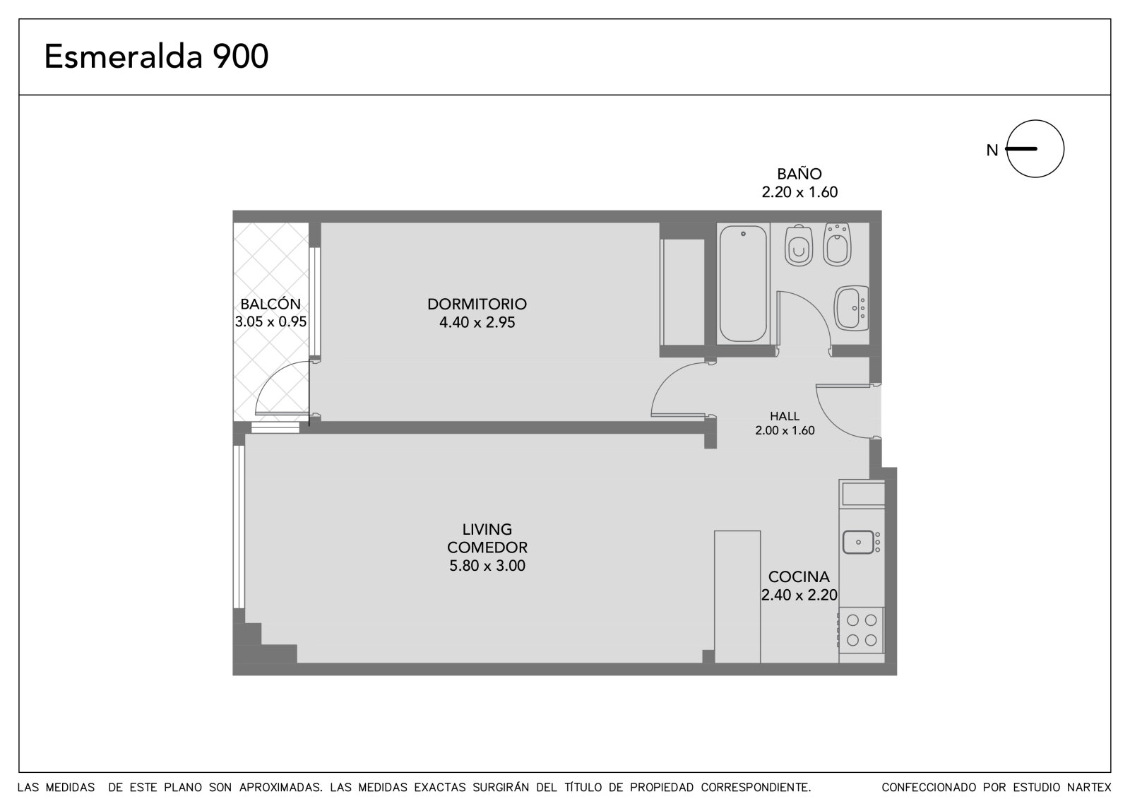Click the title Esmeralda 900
(x=156, y=56)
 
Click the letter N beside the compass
(x=992, y=150)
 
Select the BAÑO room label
(x=799, y=174)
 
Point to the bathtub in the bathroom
(x=743, y=284)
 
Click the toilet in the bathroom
(x=799, y=246)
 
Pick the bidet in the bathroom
(x=837, y=245)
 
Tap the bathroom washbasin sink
(x=851, y=309)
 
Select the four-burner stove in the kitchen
(x=861, y=634)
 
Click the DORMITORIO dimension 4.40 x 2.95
(x=477, y=323)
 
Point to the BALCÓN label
(x=270, y=304)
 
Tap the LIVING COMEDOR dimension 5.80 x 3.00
(x=487, y=566)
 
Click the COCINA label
(x=799, y=577)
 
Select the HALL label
(x=785, y=416)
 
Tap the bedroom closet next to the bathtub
(x=683, y=292)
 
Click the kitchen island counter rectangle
(x=737, y=596)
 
